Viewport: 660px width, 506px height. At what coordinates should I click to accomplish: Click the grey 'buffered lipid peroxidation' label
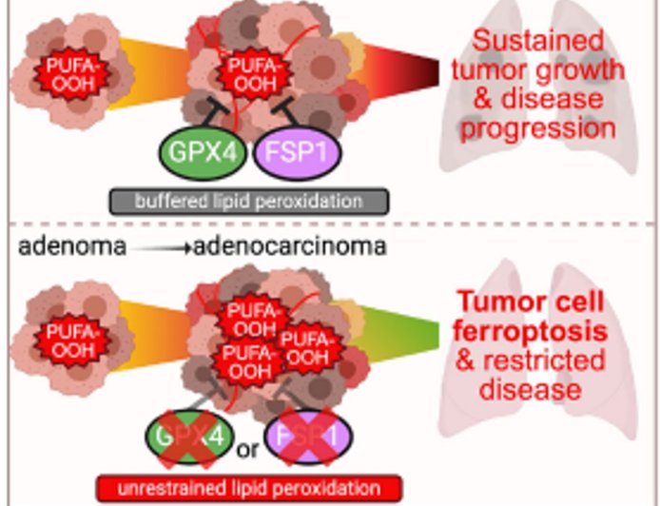pos(248,201)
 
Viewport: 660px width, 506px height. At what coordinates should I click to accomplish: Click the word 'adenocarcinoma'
pos(290,248)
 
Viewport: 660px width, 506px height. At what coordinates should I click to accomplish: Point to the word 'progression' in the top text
pos(541,126)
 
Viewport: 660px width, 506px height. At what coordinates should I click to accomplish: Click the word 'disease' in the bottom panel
pos(540,388)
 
